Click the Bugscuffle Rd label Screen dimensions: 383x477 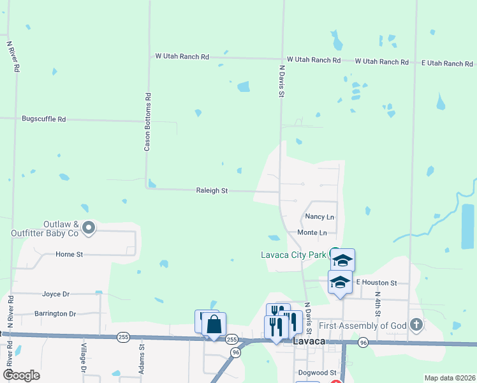(x=44, y=119)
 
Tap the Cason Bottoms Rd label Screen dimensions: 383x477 (x=147, y=122)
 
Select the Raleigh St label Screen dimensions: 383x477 (x=212, y=191)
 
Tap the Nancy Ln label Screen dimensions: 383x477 (x=319, y=218)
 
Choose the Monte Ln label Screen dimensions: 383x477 (x=312, y=233)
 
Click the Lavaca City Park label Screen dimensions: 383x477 (x=294, y=255)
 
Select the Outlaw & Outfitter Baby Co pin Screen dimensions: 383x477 (x=89, y=227)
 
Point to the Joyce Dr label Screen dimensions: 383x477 (x=55, y=294)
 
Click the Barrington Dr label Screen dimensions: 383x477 (x=55, y=314)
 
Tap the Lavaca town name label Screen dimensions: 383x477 (x=309, y=342)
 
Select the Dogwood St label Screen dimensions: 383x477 (x=316, y=372)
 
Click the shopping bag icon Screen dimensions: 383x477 (x=214, y=324)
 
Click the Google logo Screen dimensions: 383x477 (x=21, y=375)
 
